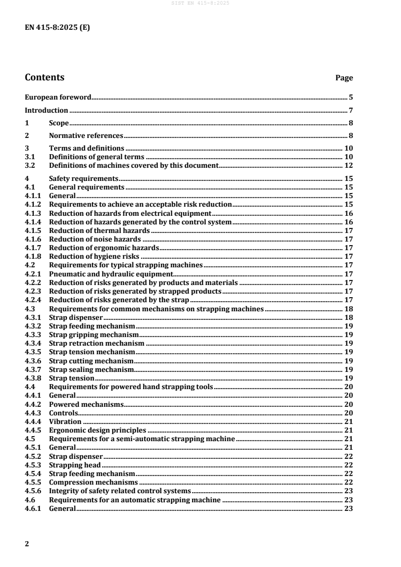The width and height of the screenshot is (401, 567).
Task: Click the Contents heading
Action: [x=44, y=77]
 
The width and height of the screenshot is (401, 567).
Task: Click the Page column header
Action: [x=344, y=78]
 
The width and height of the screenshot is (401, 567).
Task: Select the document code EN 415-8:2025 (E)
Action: [x=58, y=28]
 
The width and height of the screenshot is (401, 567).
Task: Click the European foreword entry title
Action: [x=58, y=97]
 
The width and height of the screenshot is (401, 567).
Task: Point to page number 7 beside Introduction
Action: [x=350, y=110]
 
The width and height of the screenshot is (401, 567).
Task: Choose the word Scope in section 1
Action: [x=59, y=123]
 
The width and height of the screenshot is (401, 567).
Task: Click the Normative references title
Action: [x=86, y=135]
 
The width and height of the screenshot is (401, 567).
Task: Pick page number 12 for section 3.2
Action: [x=348, y=165]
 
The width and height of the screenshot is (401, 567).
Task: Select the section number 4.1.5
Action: [x=33, y=230]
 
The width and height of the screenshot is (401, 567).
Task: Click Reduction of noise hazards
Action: [x=95, y=239]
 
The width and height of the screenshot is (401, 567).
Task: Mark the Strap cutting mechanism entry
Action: [x=91, y=361]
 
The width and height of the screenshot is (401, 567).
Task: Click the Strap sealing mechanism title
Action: [x=91, y=369]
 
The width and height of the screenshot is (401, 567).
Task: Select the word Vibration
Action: [x=65, y=421]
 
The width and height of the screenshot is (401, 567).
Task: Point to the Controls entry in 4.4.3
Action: [x=63, y=413]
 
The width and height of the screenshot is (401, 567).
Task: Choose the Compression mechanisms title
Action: [x=93, y=482]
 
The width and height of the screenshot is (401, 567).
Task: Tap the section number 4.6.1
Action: [x=33, y=508]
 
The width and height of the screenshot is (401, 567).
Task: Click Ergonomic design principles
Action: [x=97, y=430]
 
